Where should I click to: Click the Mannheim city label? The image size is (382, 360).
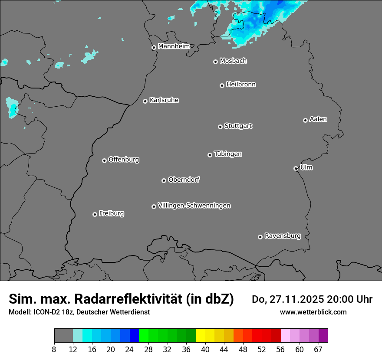point(174,46)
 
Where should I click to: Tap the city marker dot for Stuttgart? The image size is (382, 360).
point(220,127)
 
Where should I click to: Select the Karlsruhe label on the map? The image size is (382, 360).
point(164,100)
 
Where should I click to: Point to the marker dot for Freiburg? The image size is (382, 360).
point(95,214)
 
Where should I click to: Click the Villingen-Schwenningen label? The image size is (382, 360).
point(194,206)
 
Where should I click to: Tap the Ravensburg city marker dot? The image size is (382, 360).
point(260,237)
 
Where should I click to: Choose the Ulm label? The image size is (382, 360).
point(306,167)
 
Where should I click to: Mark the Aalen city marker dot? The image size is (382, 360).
point(305,120)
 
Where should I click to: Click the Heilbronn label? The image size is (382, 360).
point(241,85)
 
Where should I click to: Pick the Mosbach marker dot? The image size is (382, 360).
point(215,62)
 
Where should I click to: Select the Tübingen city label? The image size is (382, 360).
point(228,154)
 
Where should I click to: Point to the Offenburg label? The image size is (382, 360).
point(124,160)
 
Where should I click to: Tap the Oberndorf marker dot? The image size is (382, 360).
point(164,180)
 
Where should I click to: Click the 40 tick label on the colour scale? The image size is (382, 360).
point(205,349)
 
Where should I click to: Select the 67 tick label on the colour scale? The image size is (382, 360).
point(318,349)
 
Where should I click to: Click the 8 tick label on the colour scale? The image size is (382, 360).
point(54,349)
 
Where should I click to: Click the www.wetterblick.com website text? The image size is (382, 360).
point(313,312)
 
